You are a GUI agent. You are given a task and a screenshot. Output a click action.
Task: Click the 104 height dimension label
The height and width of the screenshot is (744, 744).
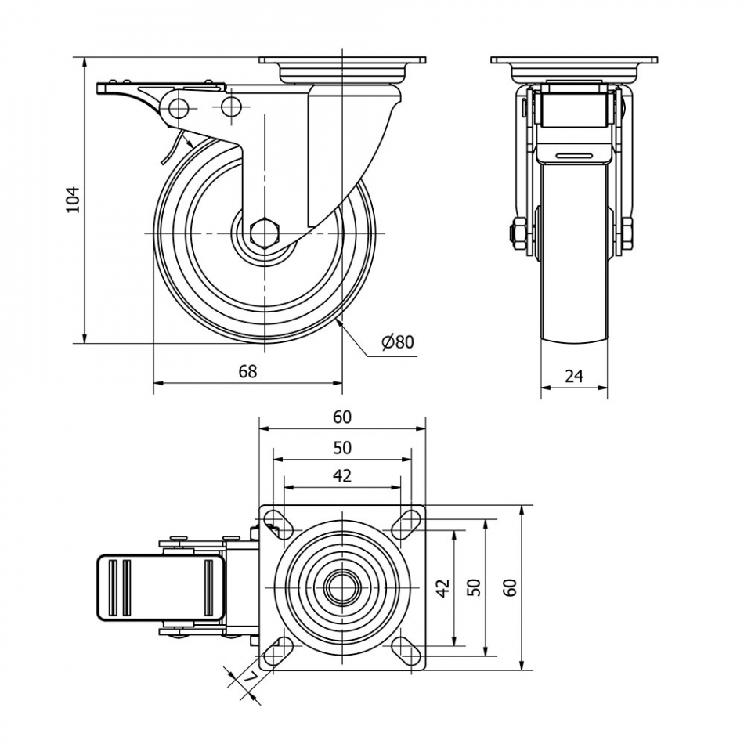tap(72, 199)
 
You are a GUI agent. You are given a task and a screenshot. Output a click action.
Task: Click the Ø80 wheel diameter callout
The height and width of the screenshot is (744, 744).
tap(397, 341)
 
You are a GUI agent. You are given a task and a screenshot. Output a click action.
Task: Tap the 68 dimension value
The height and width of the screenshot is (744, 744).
tap(247, 371)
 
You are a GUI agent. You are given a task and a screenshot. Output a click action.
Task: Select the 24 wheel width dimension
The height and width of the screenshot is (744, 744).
tap(574, 376)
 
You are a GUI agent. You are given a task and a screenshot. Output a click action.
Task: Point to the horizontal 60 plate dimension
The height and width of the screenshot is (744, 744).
tap(342, 417)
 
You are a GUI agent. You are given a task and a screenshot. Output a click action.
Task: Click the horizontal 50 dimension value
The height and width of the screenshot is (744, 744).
tap(342, 448)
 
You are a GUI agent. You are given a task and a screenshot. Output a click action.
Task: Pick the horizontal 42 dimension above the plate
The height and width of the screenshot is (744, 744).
tap(342, 475)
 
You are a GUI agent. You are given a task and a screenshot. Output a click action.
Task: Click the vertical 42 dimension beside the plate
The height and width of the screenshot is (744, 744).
tap(442, 587)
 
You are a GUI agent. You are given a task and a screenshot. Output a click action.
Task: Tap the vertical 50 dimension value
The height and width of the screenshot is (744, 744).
tap(474, 587)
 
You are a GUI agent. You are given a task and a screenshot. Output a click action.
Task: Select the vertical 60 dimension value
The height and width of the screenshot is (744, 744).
tap(510, 587)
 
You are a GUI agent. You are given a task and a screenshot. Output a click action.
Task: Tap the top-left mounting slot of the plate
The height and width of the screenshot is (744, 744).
tap(276, 522)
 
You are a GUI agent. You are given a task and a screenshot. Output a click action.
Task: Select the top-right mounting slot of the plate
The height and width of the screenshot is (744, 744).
tap(406, 522)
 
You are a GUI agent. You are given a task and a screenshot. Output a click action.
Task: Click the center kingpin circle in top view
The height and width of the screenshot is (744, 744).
tap(342, 587)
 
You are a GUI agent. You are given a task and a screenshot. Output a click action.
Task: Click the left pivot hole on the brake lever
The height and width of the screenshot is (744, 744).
tap(179, 107)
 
